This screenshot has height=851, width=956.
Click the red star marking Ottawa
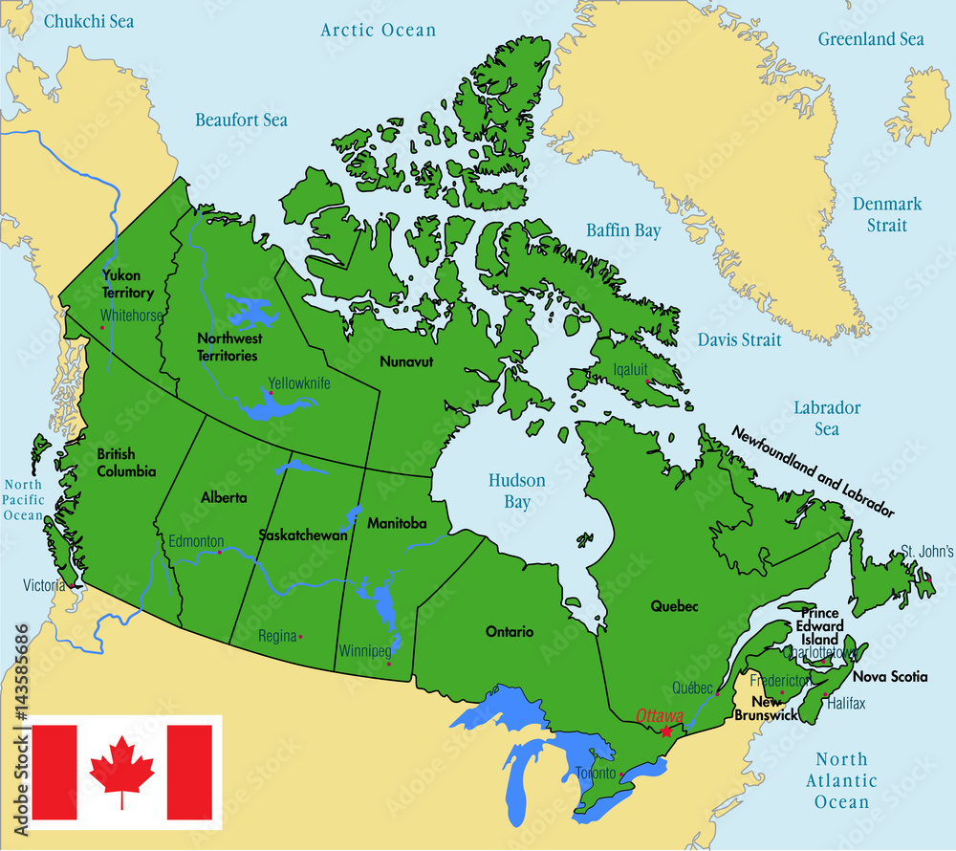pyautogui.click(x=666, y=731)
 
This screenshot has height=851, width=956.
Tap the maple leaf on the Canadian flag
pyautogui.click(x=121, y=772)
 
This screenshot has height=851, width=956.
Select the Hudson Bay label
pyautogui.click(x=516, y=491)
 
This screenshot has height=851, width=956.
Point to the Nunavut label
pyautogui.click(x=406, y=362)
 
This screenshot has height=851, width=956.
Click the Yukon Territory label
pyautogui.click(x=127, y=284)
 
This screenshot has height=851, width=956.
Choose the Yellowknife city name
pyautogui.click(x=298, y=382)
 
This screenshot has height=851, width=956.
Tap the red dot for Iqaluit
pyautogui.click(x=649, y=382)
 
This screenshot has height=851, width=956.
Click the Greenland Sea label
pyautogui.click(x=871, y=39)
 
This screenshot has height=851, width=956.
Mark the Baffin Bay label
pyautogui.click(x=622, y=230)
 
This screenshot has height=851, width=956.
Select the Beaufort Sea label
pyautogui.click(x=241, y=120)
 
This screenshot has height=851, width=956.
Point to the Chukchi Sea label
pyautogui.click(x=90, y=20)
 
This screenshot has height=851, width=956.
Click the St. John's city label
pyautogui.click(x=926, y=552)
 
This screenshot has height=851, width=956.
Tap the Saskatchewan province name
pyautogui.click(x=303, y=535)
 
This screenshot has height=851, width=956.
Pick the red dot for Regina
pyautogui.click(x=300, y=637)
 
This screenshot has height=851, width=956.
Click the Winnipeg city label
pyautogui.click(x=364, y=651)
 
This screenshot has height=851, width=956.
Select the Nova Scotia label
pyautogui.click(x=890, y=677)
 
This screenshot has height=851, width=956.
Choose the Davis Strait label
pyautogui.click(x=739, y=339)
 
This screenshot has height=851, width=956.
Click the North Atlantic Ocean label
pyautogui.click(x=841, y=780)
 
